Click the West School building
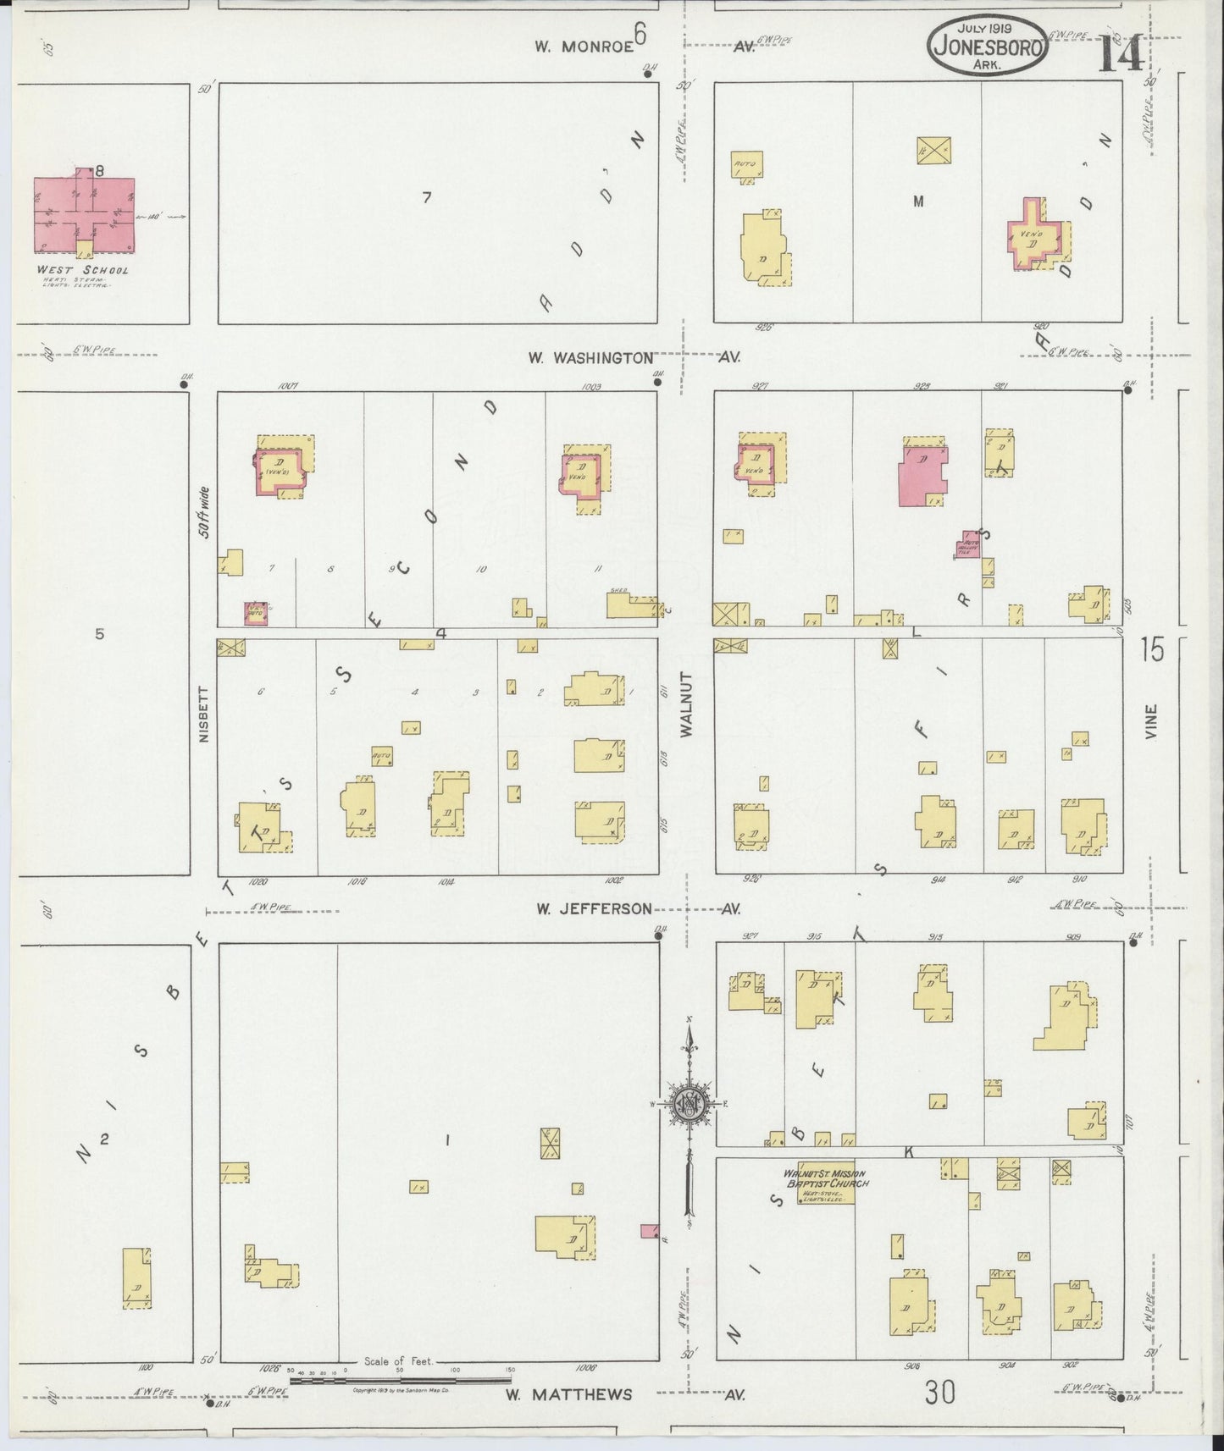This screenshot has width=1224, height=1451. pos(83,214)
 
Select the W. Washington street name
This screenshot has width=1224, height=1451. pos(590,358)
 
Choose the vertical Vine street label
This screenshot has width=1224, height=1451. pos(1150,722)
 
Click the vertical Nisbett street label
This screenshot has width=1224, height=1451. pos(202,714)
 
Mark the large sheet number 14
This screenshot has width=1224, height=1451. pos(1122,55)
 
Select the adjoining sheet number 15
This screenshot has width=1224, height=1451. pos(1152,650)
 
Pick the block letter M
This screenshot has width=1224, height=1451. pos(917,201)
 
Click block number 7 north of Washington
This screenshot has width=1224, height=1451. pos(427,198)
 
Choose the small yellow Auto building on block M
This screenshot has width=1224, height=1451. pos(747,164)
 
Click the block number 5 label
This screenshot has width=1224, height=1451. pos(99,633)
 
